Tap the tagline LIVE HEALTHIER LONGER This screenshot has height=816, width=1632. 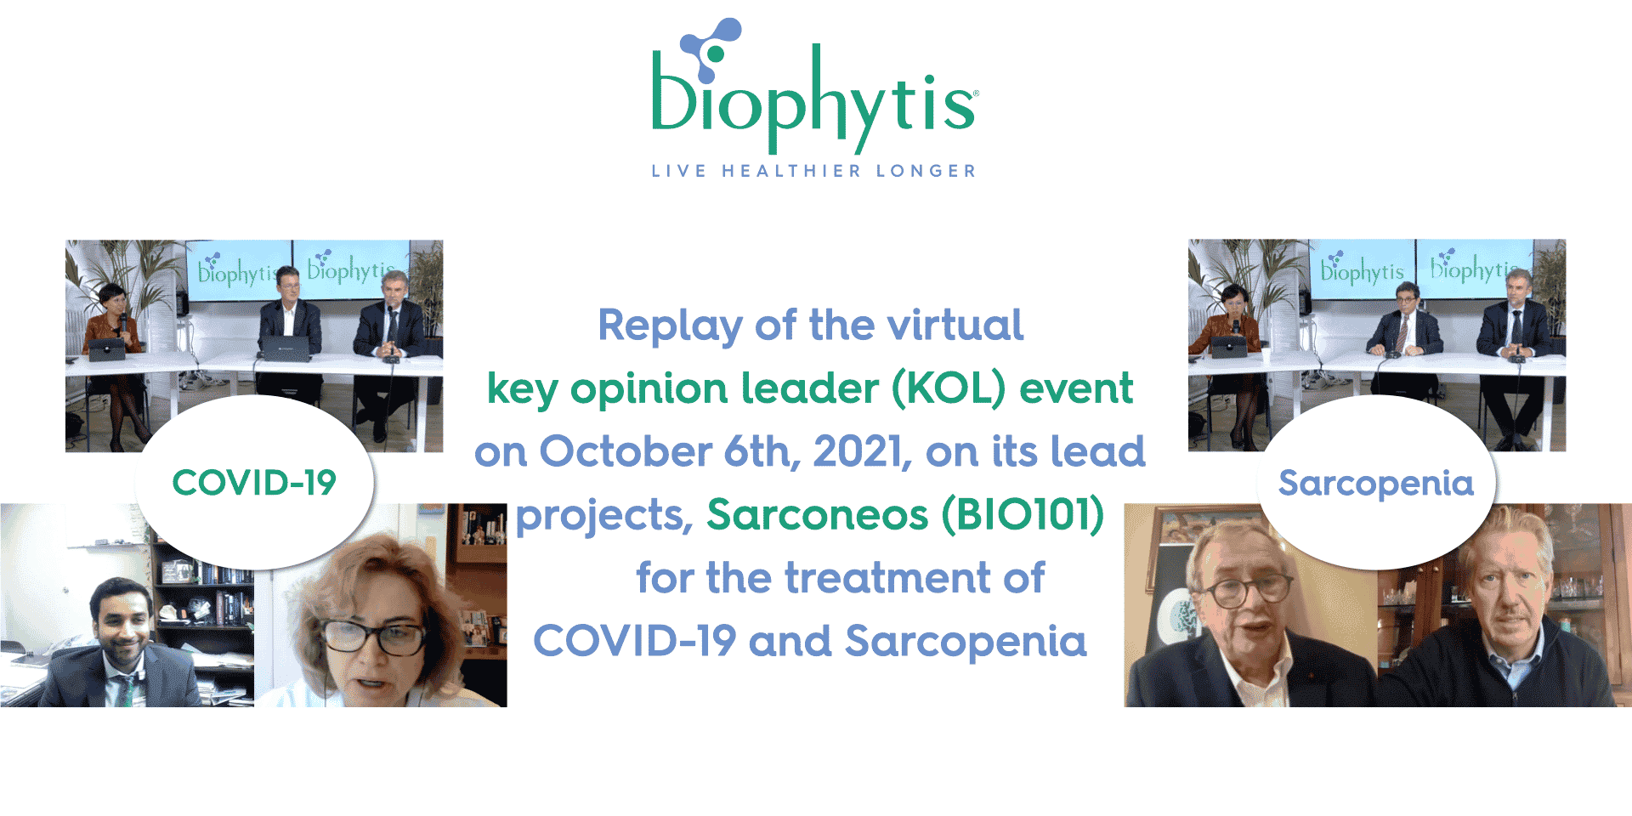coord(813,171)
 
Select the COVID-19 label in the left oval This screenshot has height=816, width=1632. coord(254,483)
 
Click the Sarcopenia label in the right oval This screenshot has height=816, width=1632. coord(1375,483)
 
